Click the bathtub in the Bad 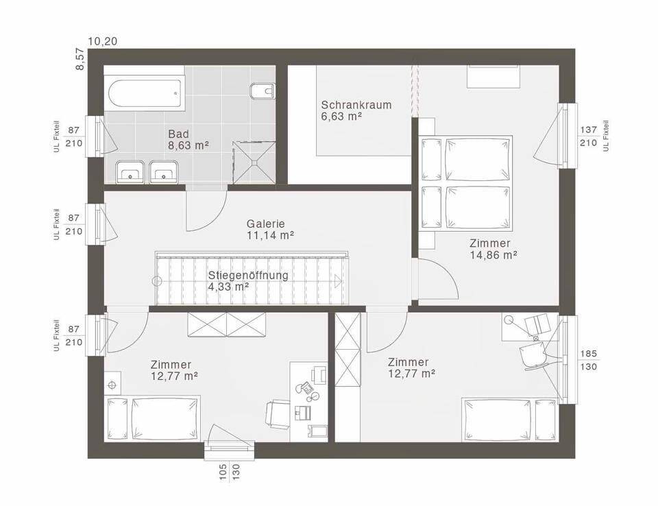coord(145,94)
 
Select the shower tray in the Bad coord(254,162)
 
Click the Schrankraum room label coord(356,104)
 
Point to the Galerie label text coord(266,224)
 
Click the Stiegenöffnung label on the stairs coord(248,276)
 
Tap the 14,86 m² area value coord(493,254)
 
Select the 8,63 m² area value coord(188,145)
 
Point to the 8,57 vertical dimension coord(80,59)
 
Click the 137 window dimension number coord(588,130)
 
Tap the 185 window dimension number coord(588,354)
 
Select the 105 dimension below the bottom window coord(223,472)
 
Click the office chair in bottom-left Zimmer coord(278,414)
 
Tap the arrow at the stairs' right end coord(338,280)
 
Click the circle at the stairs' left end coord(157,281)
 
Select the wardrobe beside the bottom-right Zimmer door coord(348,349)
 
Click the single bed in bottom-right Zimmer coord(510,420)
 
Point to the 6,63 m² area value coord(341,117)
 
